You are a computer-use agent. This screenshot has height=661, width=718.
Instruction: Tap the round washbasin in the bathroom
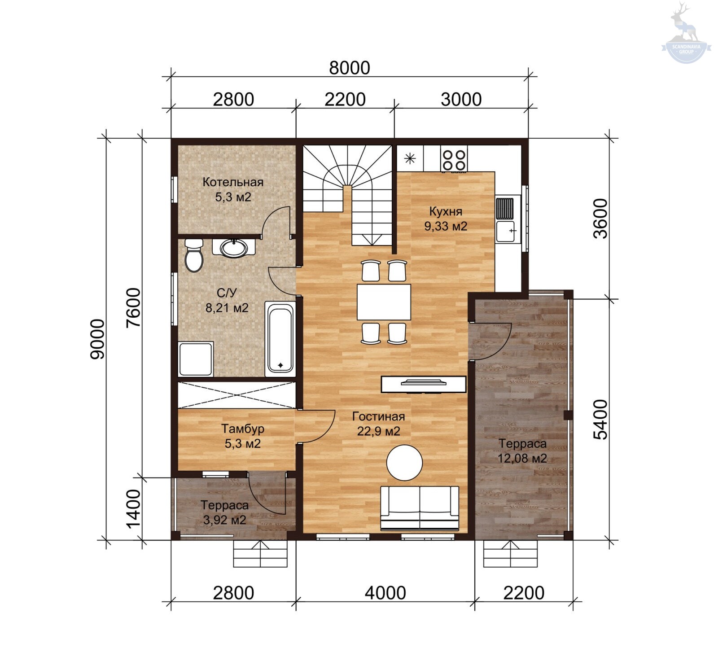click(233, 248)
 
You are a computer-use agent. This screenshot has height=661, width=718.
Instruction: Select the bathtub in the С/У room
click(280, 339)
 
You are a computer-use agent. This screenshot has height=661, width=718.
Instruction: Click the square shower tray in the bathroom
click(196, 359)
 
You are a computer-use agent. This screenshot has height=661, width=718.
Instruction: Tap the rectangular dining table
click(384, 302)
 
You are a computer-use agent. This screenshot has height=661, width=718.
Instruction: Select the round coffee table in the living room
click(405, 463)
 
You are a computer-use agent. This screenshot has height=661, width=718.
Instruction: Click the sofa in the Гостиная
click(420, 508)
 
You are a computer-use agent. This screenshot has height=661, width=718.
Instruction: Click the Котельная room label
click(233, 182)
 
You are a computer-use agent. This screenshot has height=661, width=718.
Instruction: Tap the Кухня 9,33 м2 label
click(446, 219)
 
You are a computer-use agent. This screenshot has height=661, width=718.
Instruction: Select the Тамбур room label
click(243, 429)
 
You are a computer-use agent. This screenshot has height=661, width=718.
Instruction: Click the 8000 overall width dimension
click(350, 68)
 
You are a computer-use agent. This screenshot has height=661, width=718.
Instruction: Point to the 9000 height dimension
click(97, 339)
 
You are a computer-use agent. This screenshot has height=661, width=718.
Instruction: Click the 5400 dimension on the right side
click(600, 420)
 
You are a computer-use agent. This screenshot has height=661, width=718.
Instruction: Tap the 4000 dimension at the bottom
click(385, 593)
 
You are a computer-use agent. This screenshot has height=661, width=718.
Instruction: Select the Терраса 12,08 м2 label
click(522, 451)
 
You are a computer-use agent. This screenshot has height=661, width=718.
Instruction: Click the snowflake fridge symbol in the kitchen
click(410, 158)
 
